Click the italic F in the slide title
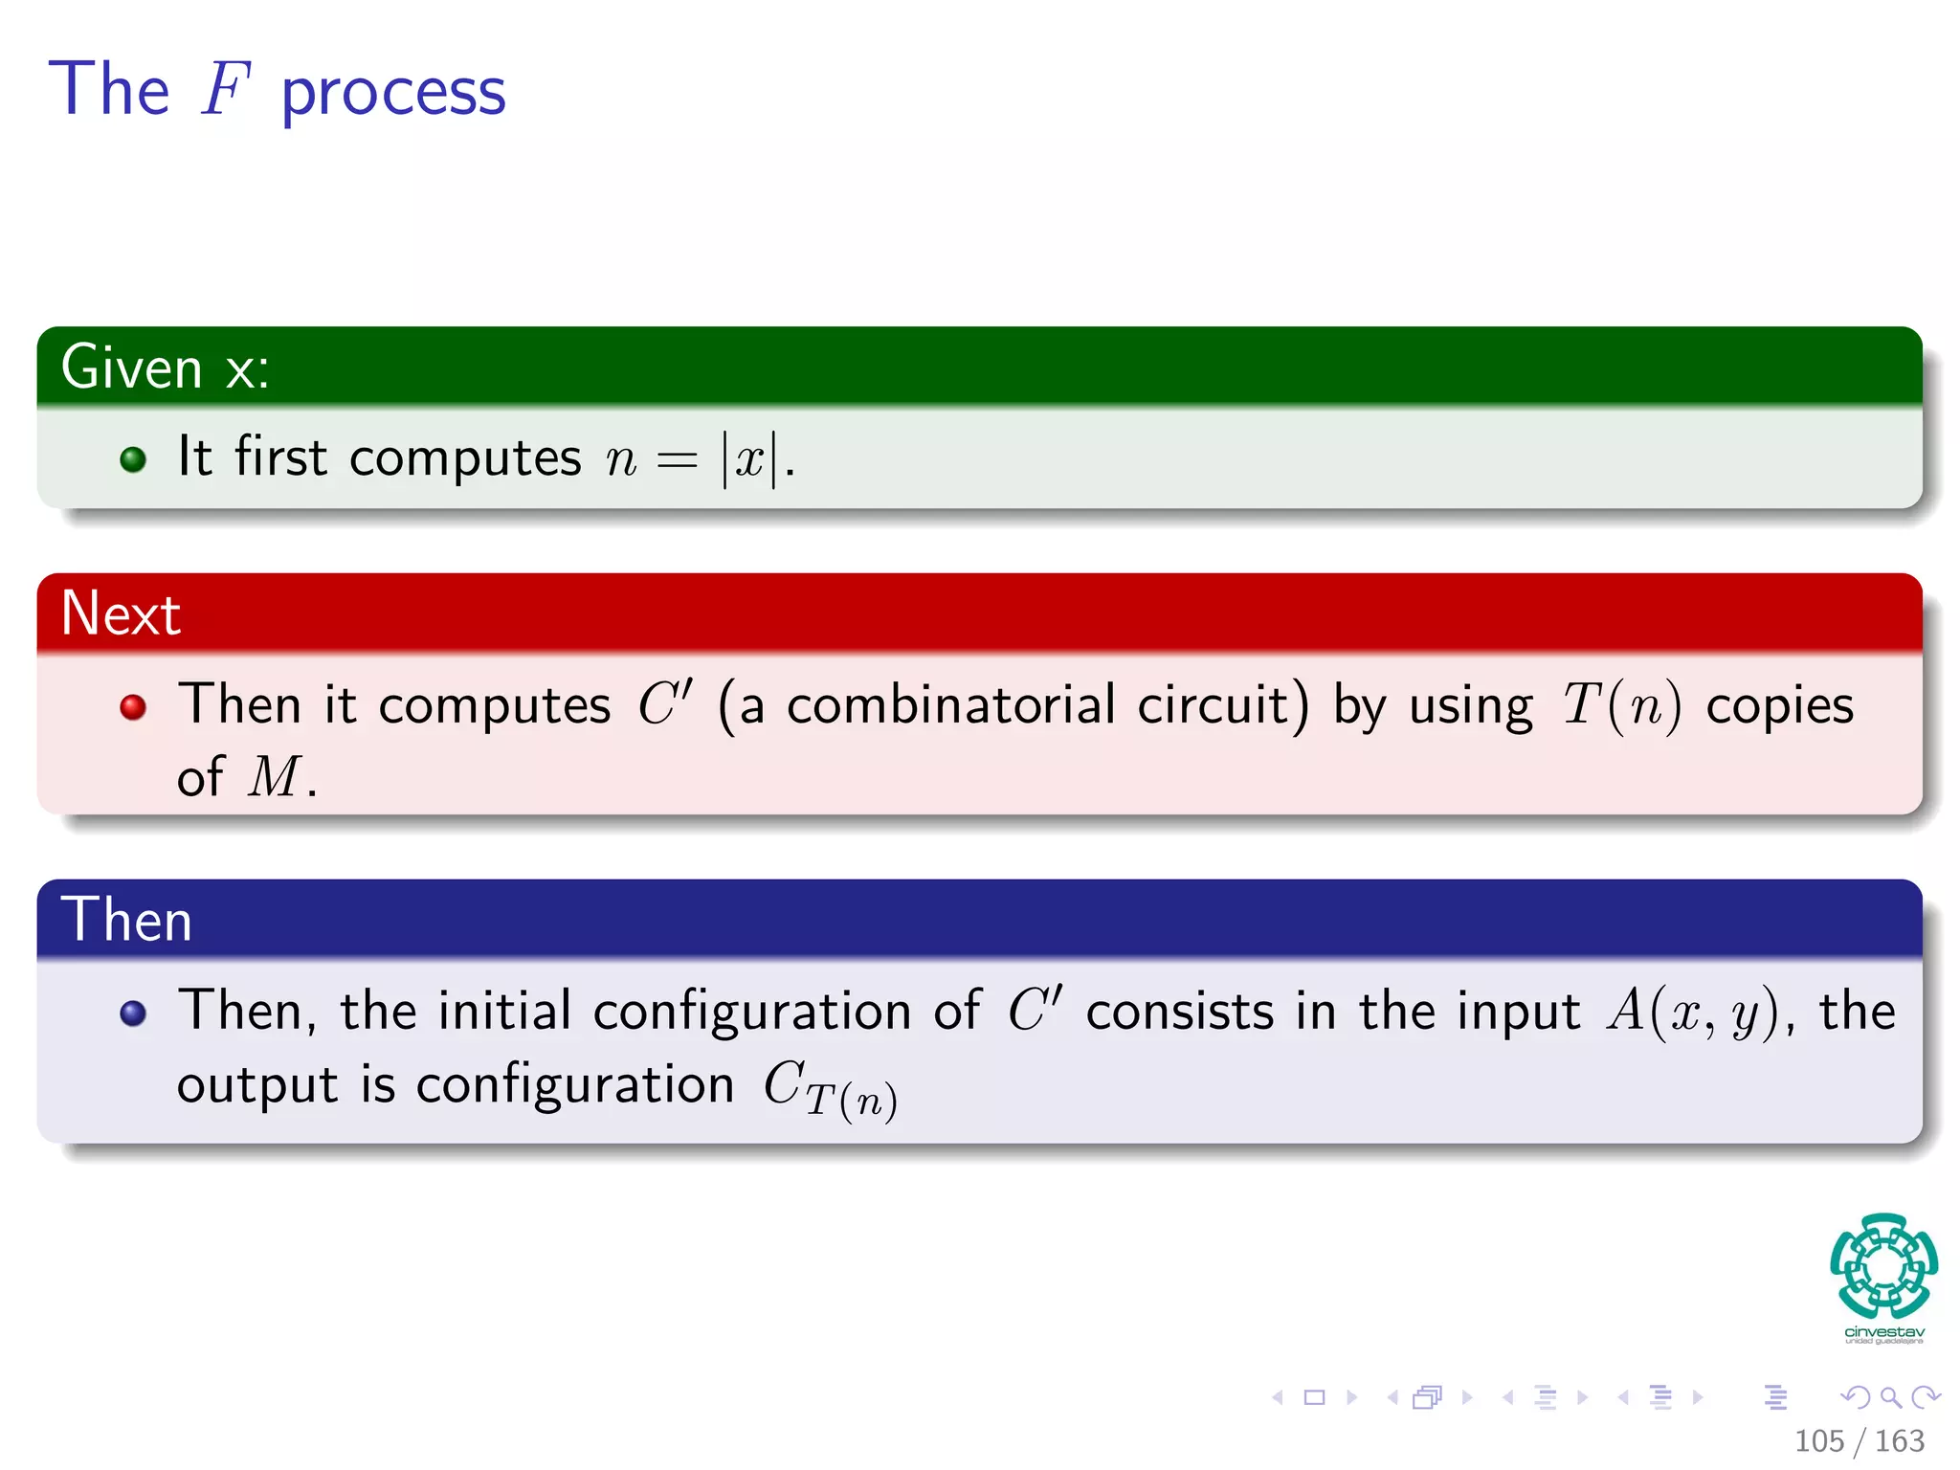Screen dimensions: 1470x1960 (x=226, y=90)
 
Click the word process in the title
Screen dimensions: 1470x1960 (x=393, y=94)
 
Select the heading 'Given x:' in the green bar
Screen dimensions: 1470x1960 (x=166, y=367)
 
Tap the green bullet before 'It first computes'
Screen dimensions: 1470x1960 (x=133, y=459)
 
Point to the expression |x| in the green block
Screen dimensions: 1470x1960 (x=749, y=458)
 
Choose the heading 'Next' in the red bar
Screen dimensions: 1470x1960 (x=121, y=613)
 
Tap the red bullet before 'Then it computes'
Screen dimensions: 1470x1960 (x=133, y=707)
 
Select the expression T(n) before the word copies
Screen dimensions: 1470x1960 (x=1621, y=706)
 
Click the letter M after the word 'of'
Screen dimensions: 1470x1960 (x=275, y=776)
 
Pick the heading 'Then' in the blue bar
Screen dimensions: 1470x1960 (x=126, y=920)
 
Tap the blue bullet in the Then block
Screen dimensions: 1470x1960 (x=133, y=1013)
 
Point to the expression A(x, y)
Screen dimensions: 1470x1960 (x=1692, y=1012)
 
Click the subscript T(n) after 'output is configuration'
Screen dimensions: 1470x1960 (x=851, y=1100)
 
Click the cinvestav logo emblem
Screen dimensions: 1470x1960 (x=1883, y=1266)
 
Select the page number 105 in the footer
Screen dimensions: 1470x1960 (x=1818, y=1441)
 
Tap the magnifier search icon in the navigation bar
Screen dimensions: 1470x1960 (x=1890, y=1398)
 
